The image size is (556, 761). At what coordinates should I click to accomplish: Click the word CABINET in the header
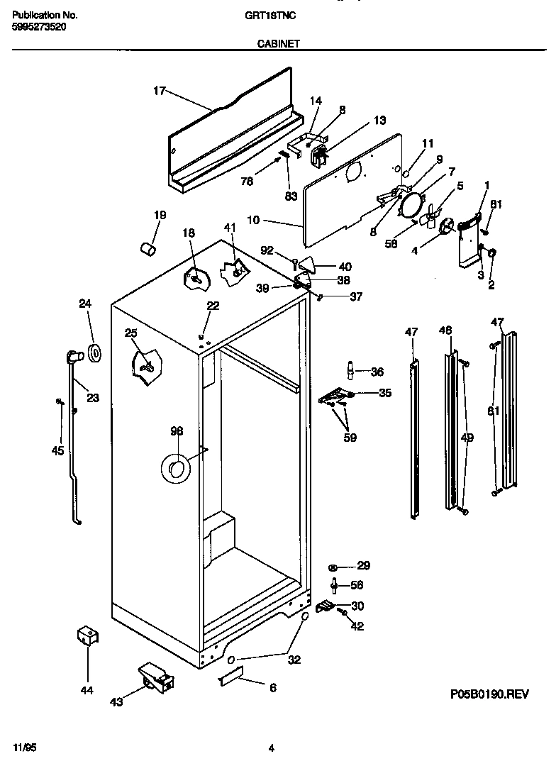[278, 43]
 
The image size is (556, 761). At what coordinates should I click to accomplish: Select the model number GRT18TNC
[280, 14]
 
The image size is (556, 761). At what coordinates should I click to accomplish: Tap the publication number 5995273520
[40, 26]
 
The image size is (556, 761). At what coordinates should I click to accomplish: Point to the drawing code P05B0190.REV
[489, 696]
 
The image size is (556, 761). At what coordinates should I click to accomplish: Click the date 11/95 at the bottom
[24, 748]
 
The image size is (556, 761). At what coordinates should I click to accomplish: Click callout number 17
[159, 91]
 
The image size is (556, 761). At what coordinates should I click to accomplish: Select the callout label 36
[377, 372]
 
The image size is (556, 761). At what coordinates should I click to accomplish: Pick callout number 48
[445, 330]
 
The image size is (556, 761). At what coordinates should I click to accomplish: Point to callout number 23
[93, 398]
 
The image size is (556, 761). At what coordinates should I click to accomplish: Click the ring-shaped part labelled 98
[175, 469]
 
